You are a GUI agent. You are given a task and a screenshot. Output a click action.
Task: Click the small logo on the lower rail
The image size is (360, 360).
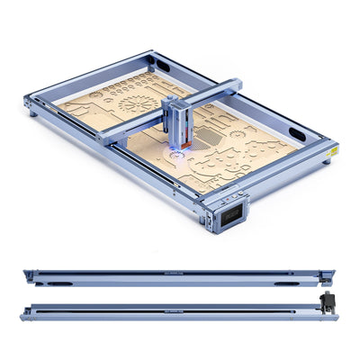point(176,302)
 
